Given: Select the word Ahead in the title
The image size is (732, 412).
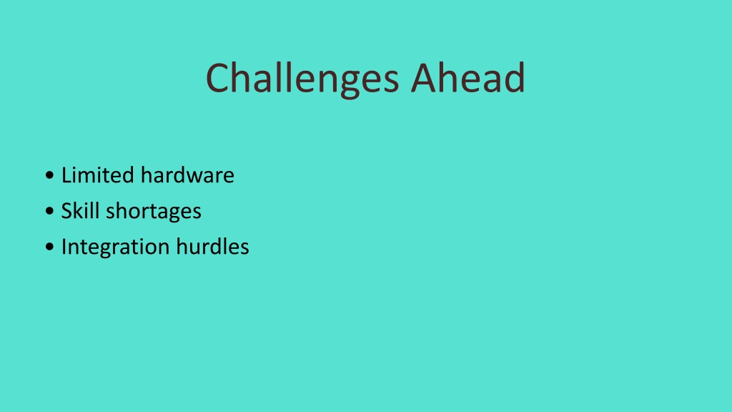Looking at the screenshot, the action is (x=468, y=77).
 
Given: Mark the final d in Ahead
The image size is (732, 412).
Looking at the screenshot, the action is (x=515, y=77).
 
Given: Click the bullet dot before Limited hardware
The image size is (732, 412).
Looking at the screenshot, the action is (x=49, y=176).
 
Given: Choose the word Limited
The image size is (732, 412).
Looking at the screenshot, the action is (x=97, y=175).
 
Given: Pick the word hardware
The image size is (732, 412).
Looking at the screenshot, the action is (x=187, y=175).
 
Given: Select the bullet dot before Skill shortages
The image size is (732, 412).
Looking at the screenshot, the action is (x=49, y=211).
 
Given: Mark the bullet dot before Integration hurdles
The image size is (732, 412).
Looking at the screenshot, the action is (x=49, y=247).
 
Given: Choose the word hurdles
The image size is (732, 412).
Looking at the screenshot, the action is (x=212, y=246).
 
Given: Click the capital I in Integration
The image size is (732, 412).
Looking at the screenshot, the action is (x=64, y=247).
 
